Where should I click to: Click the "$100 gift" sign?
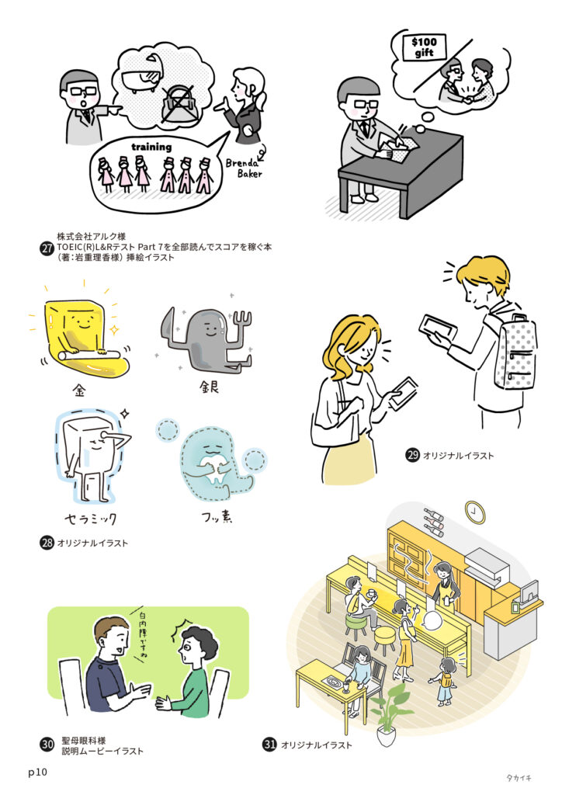(424, 47)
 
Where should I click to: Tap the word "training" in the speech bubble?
(151, 147)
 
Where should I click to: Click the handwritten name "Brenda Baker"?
(245, 168)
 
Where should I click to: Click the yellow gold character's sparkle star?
(115, 330)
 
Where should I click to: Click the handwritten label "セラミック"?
(91, 518)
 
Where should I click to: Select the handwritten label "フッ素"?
(217, 517)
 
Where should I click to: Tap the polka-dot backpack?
(516, 352)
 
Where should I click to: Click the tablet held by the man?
(438, 328)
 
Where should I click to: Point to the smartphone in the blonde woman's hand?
(404, 393)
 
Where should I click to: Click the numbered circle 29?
(412, 454)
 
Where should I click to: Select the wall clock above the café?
(475, 512)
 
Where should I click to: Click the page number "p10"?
(37, 772)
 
